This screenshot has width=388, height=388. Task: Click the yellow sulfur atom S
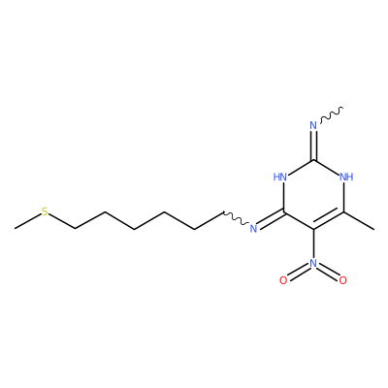click(45, 211)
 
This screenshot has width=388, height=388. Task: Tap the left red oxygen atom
click(283, 280)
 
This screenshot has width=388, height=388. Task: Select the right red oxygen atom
click(343, 280)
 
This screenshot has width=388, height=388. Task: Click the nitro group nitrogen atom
click(313, 263)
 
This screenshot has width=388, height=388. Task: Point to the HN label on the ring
click(280, 178)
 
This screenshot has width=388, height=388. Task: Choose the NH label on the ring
click(346, 178)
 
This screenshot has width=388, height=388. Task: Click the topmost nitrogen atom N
click(313, 125)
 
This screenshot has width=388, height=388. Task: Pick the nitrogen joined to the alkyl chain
click(253, 229)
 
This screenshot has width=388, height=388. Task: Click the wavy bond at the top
click(332, 114)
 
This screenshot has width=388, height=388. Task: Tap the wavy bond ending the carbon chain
click(236, 218)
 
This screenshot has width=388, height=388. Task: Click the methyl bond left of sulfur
click(28, 221)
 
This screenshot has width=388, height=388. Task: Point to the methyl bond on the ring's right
click(359, 220)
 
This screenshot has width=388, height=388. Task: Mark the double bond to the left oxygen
click(298, 273)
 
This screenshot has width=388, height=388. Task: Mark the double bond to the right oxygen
click(328, 273)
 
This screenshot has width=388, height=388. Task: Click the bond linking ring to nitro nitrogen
click(313, 244)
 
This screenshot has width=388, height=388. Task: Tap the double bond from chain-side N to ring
click(271, 220)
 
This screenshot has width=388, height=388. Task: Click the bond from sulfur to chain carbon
click(62, 221)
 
